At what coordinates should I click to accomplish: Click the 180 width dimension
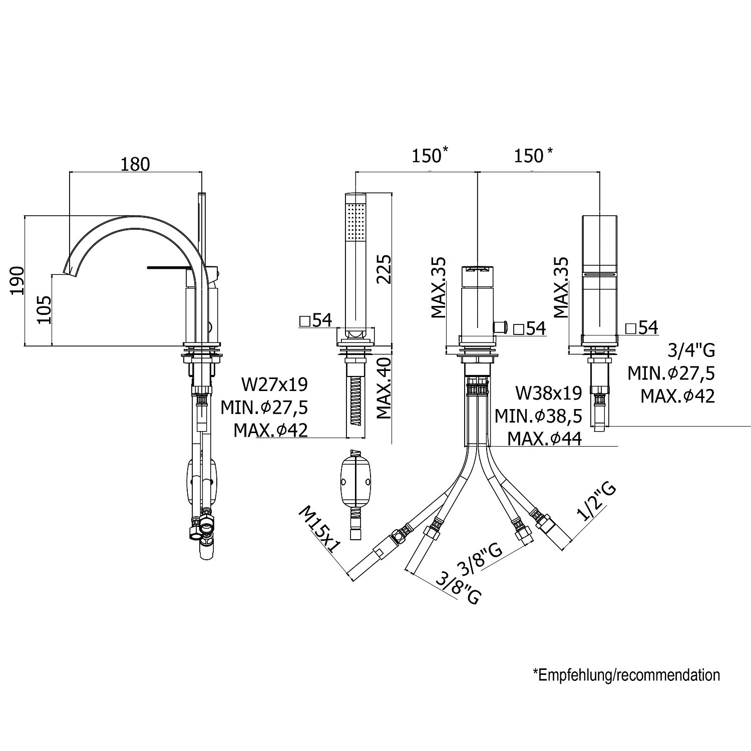(135, 164)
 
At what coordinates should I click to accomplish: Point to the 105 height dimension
(45, 309)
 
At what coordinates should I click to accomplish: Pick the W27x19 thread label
(274, 385)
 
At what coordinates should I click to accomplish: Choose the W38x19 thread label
(549, 393)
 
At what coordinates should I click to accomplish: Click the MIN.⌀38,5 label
(538, 416)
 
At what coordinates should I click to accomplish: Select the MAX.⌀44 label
(545, 439)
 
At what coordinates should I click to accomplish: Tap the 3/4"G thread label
(691, 349)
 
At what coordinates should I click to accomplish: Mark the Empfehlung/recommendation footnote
(626, 675)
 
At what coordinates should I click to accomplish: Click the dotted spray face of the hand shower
(357, 222)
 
